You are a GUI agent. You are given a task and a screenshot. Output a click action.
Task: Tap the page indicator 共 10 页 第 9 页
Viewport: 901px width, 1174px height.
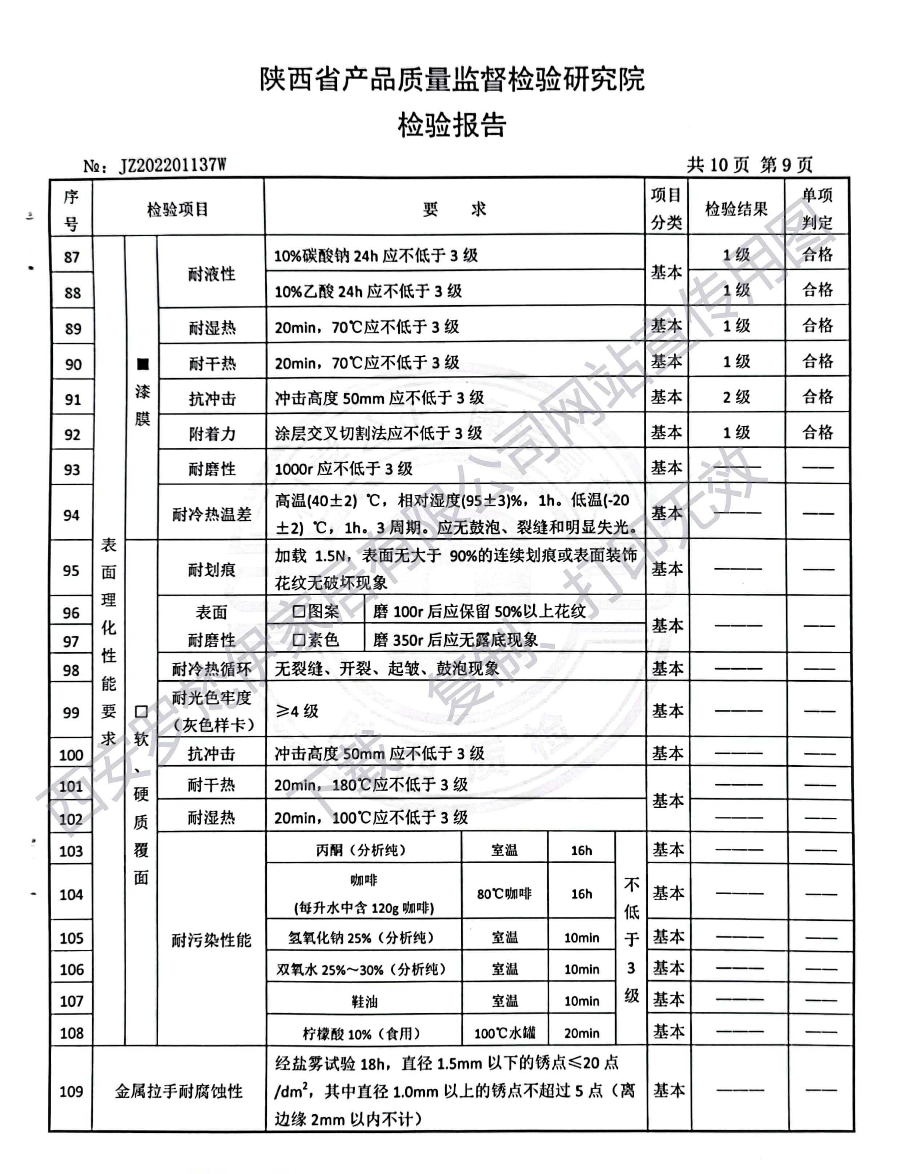tap(749, 165)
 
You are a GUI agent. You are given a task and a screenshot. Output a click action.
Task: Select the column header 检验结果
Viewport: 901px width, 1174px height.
tap(736, 209)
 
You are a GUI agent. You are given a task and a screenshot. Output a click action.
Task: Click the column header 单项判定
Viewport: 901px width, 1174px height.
tap(817, 209)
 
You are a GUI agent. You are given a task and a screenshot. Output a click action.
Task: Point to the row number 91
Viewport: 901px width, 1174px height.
tap(72, 399)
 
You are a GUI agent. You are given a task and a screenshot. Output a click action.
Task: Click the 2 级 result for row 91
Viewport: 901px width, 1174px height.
tap(736, 397)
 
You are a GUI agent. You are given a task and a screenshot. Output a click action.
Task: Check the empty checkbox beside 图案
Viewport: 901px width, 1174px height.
tap(299, 612)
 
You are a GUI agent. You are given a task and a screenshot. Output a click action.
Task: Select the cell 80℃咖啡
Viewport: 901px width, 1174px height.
tap(504, 893)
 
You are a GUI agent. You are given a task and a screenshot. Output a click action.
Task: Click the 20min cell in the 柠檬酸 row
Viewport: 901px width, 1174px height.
tap(582, 1033)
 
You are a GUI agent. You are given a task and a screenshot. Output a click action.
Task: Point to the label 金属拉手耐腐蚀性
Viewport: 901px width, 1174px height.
tap(178, 1091)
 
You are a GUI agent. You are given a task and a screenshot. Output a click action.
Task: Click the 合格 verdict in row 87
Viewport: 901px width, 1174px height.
tap(817, 254)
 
